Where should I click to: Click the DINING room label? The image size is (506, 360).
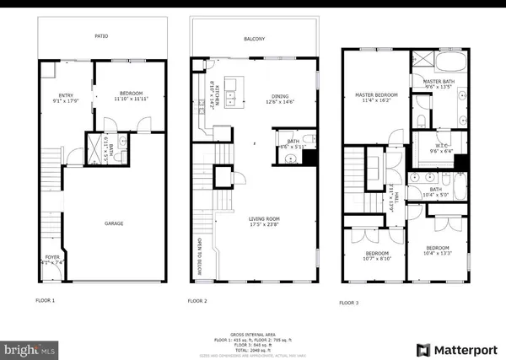(x=280, y=96)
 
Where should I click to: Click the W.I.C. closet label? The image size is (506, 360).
(x=442, y=148)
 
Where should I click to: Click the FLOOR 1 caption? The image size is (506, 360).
(x=46, y=300)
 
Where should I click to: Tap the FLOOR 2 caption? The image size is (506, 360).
(x=198, y=300)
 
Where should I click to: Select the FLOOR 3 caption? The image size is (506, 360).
(x=350, y=302)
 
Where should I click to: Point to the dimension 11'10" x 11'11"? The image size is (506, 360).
(x=114, y=99)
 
